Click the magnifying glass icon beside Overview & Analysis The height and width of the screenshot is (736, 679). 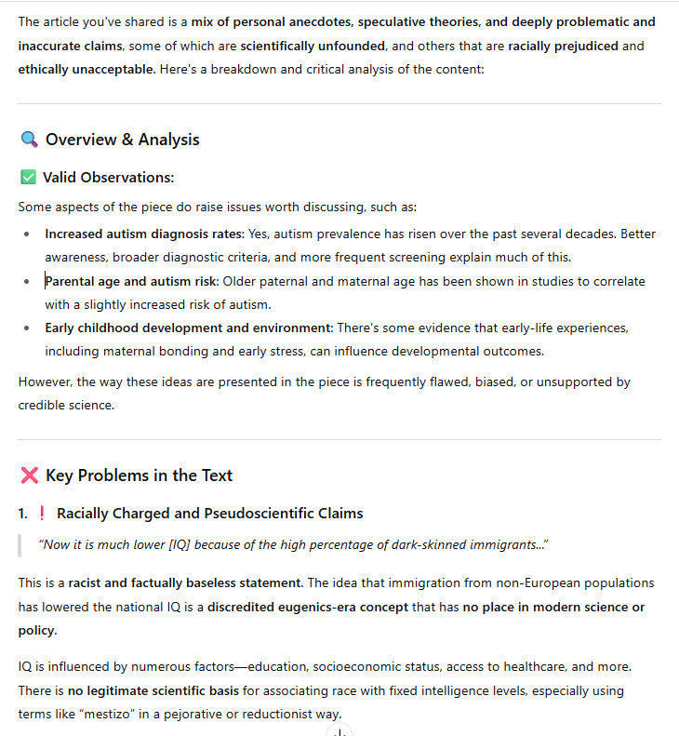pyautogui.click(x=29, y=140)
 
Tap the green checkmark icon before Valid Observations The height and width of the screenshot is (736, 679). pyautogui.click(x=28, y=177)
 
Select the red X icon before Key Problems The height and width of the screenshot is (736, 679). pyautogui.click(x=29, y=475)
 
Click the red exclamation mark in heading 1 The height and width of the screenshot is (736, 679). pyautogui.click(x=42, y=514)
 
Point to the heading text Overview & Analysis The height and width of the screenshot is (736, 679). pyautogui.click(x=122, y=140)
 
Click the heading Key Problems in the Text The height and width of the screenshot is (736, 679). pyautogui.click(x=139, y=475)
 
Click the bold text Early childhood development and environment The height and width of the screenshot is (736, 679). pyautogui.click(x=189, y=328)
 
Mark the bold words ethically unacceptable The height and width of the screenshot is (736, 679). pyautogui.click(x=87, y=69)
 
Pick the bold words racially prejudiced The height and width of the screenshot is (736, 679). pyautogui.click(x=563, y=46)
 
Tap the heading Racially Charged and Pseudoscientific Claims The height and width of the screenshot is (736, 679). pyautogui.click(x=209, y=514)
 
